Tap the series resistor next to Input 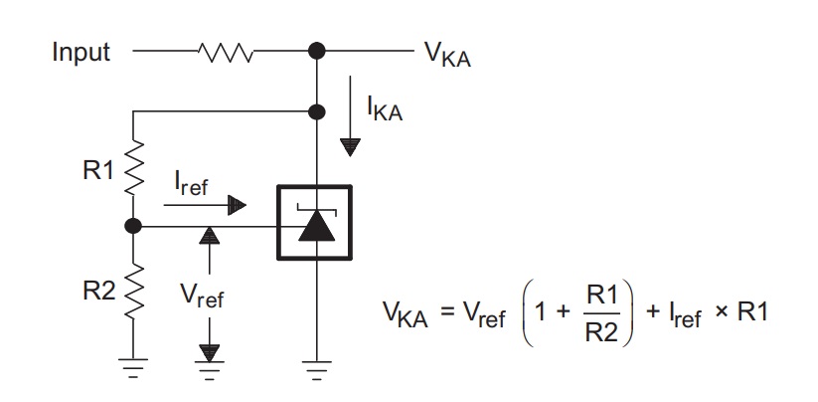[226, 52]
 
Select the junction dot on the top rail [317, 51]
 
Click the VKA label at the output [447, 55]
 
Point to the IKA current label [385, 109]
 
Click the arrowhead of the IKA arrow [350, 147]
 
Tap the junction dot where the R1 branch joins [317, 111]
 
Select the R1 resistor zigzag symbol [133, 166]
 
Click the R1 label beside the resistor [98, 170]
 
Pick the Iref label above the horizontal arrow [191, 184]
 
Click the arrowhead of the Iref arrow [237, 205]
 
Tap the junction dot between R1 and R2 [133, 226]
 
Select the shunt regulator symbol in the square [314, 222]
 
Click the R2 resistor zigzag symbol [133, 291]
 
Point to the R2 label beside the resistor [99, 292]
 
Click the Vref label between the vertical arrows [202, 296]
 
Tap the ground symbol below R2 [133, 366]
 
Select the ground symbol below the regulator [317, 366]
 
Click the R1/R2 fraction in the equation [601, 314]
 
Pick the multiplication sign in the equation [722, 312]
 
